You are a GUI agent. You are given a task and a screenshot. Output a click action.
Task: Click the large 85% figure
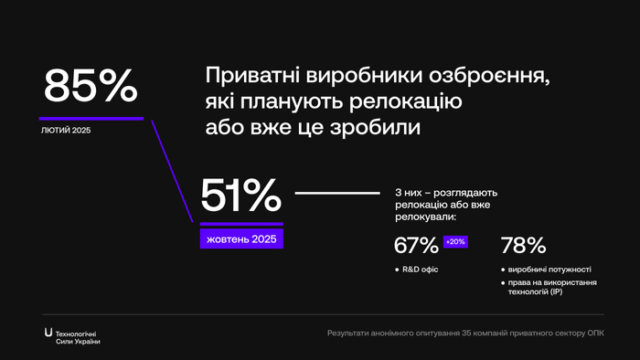tap(90, 86)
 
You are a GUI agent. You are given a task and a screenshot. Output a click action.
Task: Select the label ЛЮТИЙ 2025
tap(66, 131)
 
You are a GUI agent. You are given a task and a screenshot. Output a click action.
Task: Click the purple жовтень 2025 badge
tap(241, 238)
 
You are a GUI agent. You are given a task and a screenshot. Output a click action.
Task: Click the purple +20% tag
tap(454, 242)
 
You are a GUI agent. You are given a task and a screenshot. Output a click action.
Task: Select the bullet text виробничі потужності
tap(549, 270)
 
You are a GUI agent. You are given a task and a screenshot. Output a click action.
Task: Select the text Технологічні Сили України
tap(79, 336)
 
